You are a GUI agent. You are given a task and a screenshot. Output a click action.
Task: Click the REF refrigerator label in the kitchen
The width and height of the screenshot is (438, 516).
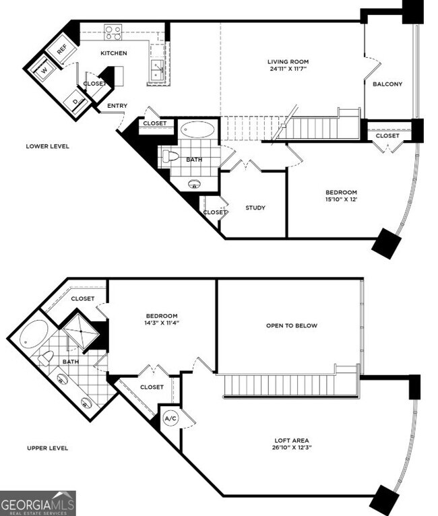point(62,49)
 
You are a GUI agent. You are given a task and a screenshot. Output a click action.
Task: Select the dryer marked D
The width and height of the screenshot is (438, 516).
point(75,102)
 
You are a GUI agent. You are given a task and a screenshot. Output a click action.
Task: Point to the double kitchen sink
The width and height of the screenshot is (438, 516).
point(157,68)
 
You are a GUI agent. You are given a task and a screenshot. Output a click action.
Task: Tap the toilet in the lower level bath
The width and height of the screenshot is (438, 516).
point(170,158)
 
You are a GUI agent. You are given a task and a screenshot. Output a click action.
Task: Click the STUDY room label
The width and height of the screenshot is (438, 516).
point(255,207)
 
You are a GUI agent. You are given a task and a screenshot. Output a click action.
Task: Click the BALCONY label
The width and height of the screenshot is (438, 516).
point(387,84)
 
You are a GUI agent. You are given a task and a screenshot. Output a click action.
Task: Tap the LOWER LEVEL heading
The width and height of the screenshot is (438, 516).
point(47,146)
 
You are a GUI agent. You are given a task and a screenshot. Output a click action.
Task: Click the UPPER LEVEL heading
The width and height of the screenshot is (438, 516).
point(47,448)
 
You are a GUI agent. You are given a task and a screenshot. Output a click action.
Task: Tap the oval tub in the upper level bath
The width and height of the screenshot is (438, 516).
point(33,335)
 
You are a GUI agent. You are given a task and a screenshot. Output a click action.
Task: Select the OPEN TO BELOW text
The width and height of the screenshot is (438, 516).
point(291,325)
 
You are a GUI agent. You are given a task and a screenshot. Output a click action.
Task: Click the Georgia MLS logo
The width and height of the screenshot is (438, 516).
point(38,503)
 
